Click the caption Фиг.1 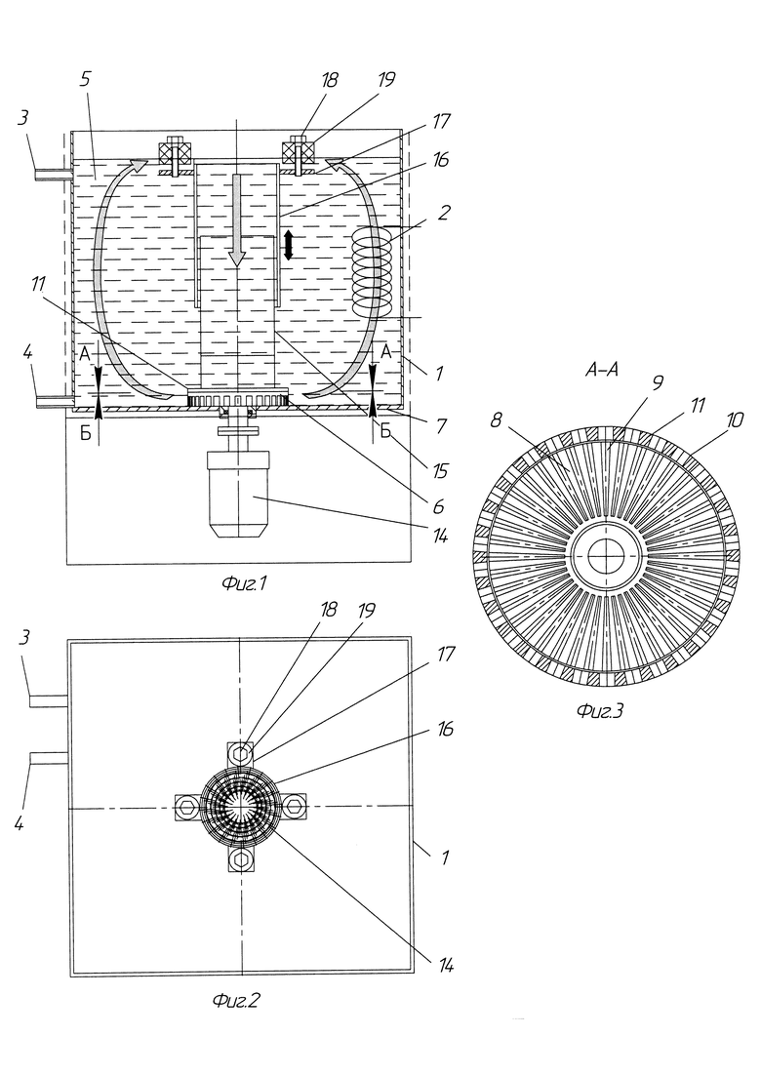[244, 584]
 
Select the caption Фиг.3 [600, 711]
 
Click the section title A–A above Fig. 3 [602, 370]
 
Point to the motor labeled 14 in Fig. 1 [237, 494]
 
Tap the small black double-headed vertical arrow [289, 245]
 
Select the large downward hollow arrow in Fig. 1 [237, 219]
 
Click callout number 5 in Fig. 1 [85, 80]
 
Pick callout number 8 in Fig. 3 [497, 420]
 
